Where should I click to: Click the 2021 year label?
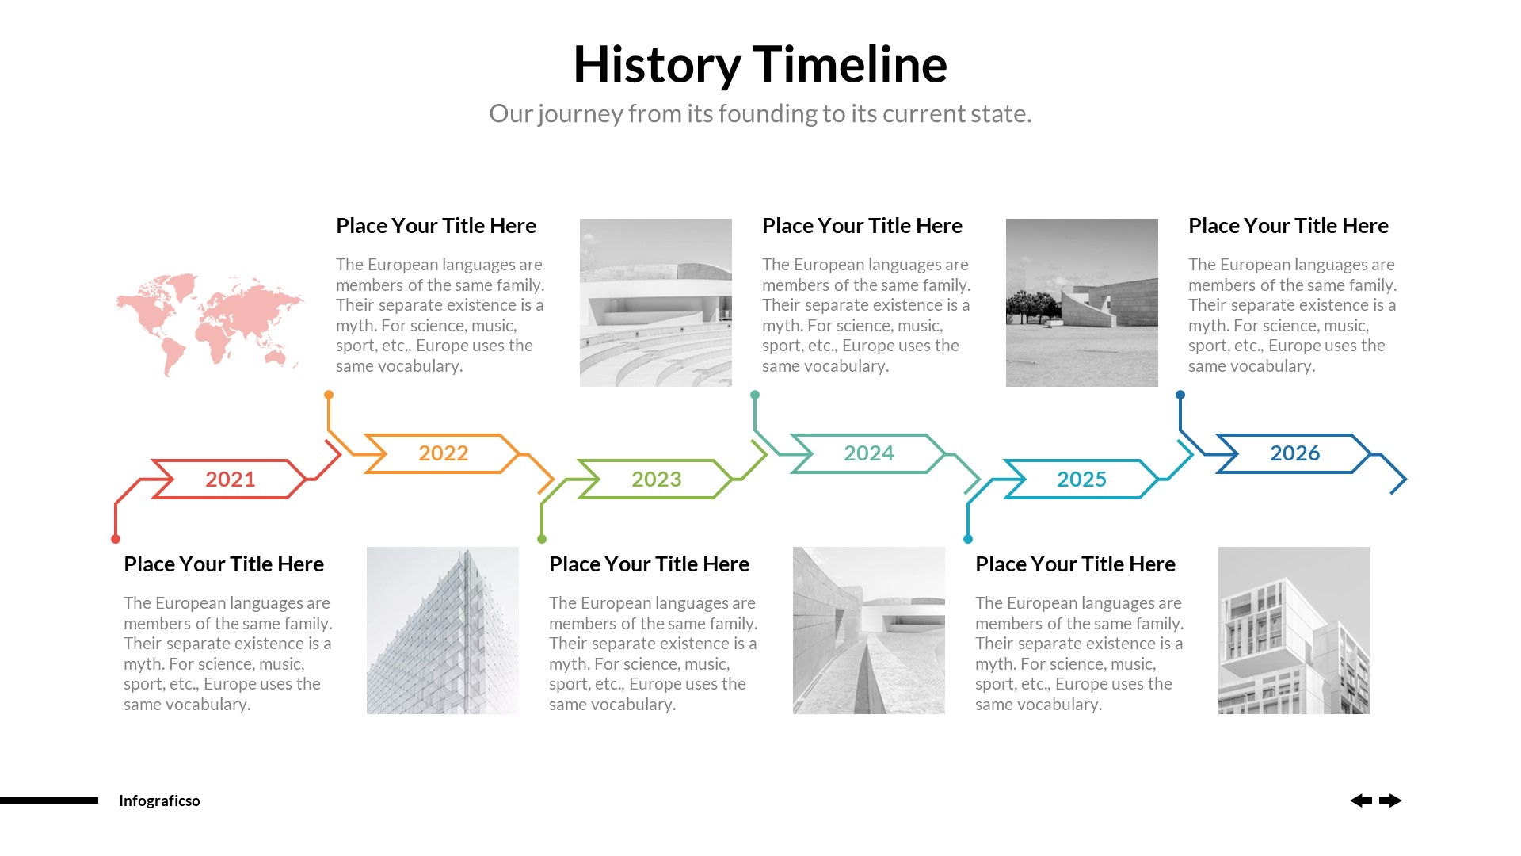coord(230,479)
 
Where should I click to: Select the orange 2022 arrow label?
coord(443,453)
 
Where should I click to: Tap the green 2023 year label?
coord(656,479)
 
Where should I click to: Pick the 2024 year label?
coord(868,453)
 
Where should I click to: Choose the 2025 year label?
coord(1081,479)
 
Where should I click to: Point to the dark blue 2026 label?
coord(1294,453)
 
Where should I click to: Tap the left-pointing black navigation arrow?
coord(1361,801)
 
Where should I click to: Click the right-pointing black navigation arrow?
coord(1390,801)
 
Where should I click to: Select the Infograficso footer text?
coord(159,801)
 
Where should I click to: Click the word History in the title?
coord(657,65)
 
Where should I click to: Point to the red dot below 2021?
coord(116,539)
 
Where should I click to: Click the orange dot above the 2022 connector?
coord(329,395)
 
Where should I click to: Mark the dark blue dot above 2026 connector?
coord(1180,395)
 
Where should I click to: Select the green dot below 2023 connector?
coord(542,539)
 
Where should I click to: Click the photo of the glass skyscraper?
coord(443,630)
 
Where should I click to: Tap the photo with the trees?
coord(1081,303)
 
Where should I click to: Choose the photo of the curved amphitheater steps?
coord(655,303)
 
